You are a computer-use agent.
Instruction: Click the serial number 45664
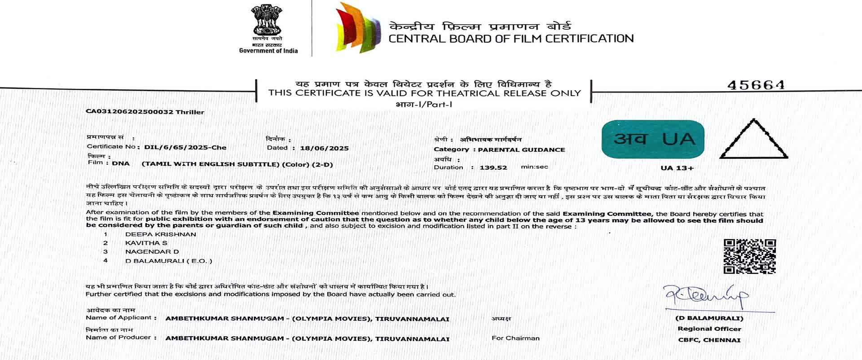pyautogui.click(x=756, y=85)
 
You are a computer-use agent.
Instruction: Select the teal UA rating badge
pyautogui.click(x=653, y=139)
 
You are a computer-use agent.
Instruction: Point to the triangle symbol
pyautogui.click(x=754, y=140)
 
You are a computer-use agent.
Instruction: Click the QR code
pyautogui.click(x=749, y=256)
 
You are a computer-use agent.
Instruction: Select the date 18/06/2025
pyautogui.click(x=324, y=148)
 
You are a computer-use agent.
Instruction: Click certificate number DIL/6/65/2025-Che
pyautogui.click(x=185, y=147)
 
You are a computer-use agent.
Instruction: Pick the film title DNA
pyautogui.click(x=121, y=164)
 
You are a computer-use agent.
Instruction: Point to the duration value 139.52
pyautogui.click(x=493, y=167)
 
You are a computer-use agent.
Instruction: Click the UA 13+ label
pyautogui.click(x=677, y=168)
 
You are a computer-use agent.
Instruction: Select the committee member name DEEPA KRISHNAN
pyautogui.click(x=160, y=234)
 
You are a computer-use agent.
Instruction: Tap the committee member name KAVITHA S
pyautogui.click(x=146, y=243)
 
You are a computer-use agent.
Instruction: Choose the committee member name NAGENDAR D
pyautogui.click(x=152, y=252)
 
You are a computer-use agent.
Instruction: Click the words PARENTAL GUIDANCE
pyautogui.click(x=521, y=150)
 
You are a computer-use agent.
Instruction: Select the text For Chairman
pyautogui.click(x=515, y=338)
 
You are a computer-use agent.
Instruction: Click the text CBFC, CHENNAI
pyautogui.click(x=709, y=340)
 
